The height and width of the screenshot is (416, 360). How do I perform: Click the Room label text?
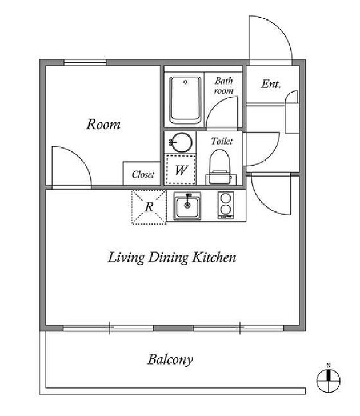[x=103, y=124]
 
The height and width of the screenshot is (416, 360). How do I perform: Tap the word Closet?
[x=143, y=174]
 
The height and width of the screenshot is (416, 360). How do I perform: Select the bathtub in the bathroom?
[x=185, y=100]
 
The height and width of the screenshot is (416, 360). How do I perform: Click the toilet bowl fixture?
[x=220, y=167]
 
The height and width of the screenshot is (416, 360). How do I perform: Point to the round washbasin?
[x=181, y=142]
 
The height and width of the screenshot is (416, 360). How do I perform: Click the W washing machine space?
[x=181, y=170]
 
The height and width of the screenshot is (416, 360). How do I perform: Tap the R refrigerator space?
[x=149, y=207]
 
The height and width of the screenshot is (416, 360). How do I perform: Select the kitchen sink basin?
[x=187, y=206]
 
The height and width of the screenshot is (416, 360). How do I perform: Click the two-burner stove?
[x=226, y=205]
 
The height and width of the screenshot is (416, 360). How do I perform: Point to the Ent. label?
[x=271, y=84]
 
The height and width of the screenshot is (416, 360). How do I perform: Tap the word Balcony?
[x=170, y=360]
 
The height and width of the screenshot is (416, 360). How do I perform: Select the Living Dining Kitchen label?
[x=172, y=257]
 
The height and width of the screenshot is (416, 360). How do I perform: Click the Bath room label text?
[x=224, y=86]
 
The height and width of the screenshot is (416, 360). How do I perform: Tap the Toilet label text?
[x=222, y=141]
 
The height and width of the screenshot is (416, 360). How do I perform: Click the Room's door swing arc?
[x=79, y=158]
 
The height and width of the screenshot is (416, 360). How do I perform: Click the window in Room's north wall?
[x=85, y=63]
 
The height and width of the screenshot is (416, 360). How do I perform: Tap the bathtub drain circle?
[x=186, y=82]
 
